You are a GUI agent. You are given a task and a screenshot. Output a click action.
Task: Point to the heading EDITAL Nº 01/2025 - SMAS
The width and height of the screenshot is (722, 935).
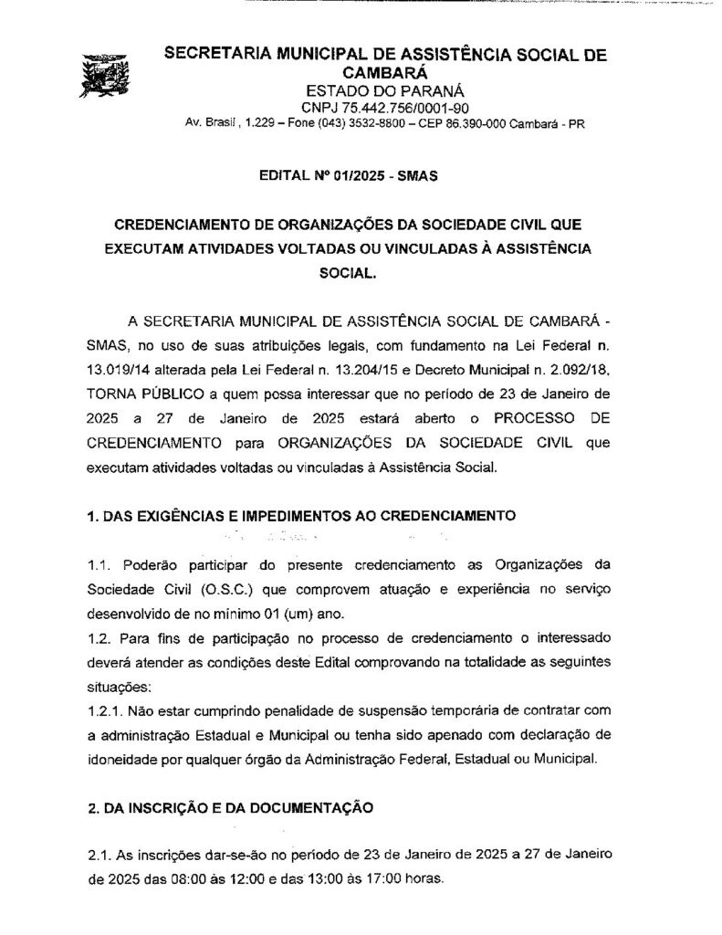(349, 177)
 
